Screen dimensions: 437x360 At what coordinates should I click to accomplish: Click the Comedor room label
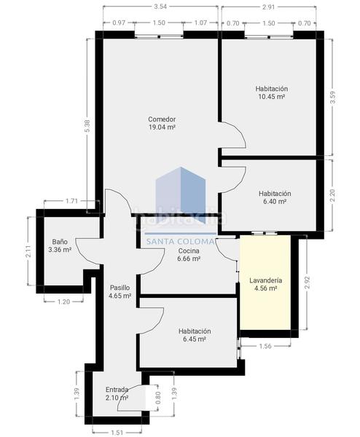click(x=162, y=119)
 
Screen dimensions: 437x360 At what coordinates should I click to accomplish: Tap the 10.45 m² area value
click(x=271, y=96)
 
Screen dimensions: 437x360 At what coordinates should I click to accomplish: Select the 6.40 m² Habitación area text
click(x=274, y=202)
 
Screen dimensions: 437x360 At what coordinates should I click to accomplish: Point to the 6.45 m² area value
click(x=195, y=339)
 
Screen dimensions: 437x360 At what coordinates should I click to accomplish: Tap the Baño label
click(x=60, y=241)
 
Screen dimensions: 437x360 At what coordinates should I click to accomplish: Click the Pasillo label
click(x=120, y=288)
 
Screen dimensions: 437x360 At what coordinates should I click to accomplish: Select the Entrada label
click(x=117, y=389)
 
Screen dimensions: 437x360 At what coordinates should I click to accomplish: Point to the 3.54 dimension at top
click(x=161, y=7)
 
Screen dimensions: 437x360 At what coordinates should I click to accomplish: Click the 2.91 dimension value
click(x=268, y=7)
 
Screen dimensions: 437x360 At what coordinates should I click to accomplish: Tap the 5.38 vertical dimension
click(x=87, y=125)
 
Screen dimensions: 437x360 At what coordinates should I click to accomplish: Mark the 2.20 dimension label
click(x=332, y=194)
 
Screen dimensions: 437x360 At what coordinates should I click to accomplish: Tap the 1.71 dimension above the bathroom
click(x=71, y=200)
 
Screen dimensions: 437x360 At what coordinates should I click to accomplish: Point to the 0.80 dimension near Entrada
click(x=158, y=399)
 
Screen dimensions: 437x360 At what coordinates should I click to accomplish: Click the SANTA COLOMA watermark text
click(x=181, y=242)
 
